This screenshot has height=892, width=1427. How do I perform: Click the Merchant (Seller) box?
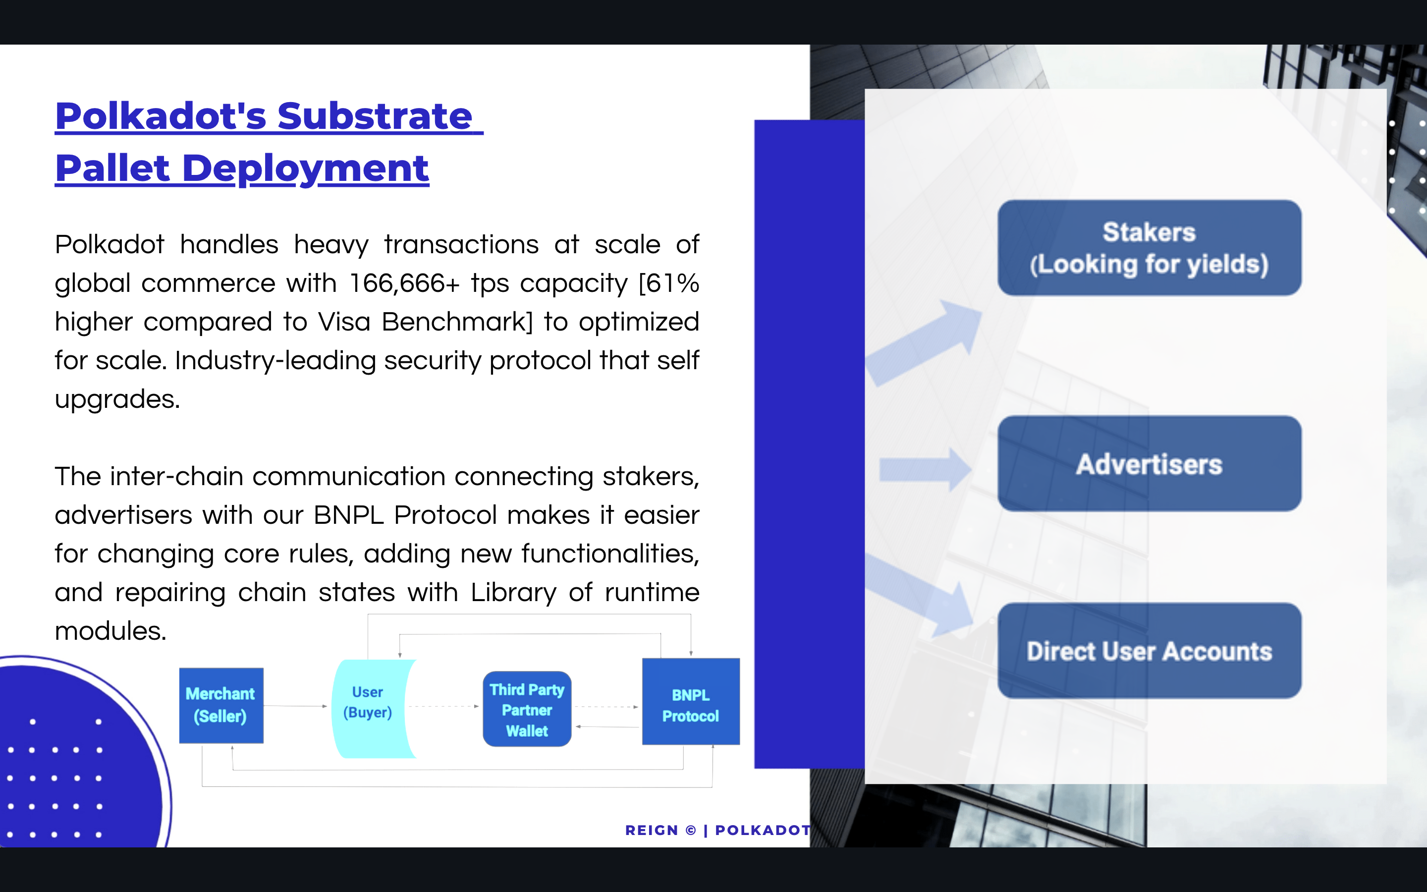tap(221, 705)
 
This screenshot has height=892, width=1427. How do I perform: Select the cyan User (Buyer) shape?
tap(372, 709)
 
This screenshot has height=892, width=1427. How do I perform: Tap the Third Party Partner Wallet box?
tap(527, 709)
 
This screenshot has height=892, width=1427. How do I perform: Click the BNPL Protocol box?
tap(691, 701)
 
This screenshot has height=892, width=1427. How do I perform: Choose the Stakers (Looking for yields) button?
tap(1149, 248)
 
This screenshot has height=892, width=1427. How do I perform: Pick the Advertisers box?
tap(1149, 464)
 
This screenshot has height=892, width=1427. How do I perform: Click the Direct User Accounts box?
tap(1149, 651)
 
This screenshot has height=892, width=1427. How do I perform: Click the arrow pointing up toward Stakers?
tap(924, 343)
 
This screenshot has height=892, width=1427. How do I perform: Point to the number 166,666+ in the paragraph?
tap(404, 284)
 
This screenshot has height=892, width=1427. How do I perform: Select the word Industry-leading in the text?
tap(275, 360)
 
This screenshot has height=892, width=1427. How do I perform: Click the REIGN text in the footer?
tap(652, 830)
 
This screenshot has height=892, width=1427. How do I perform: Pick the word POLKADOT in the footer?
tap(763, 830)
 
